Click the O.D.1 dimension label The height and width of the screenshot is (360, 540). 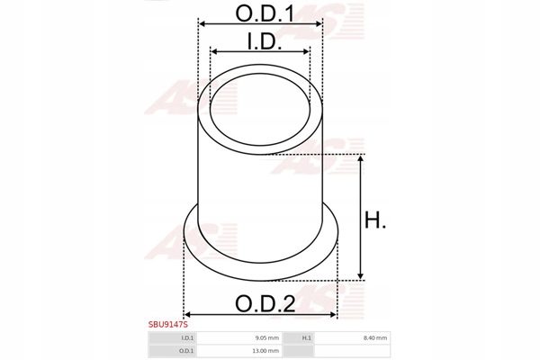click(x=265, y=13)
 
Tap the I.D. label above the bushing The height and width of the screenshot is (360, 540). click(x=265, y=41)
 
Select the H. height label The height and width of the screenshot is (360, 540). click(x=375, y=220)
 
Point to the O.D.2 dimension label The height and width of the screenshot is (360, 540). click(x=265, y=304)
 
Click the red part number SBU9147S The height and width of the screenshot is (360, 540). click(x=168, y=325)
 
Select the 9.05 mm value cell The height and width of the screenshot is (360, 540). click(x=238, y=338)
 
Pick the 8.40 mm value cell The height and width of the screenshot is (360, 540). click(x=352, y=338)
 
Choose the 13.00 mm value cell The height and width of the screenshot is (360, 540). click(x=238, y=351)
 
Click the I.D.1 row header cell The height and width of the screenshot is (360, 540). click(x=172, y=338)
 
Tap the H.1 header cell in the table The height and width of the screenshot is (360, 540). click(x=298, y=338)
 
